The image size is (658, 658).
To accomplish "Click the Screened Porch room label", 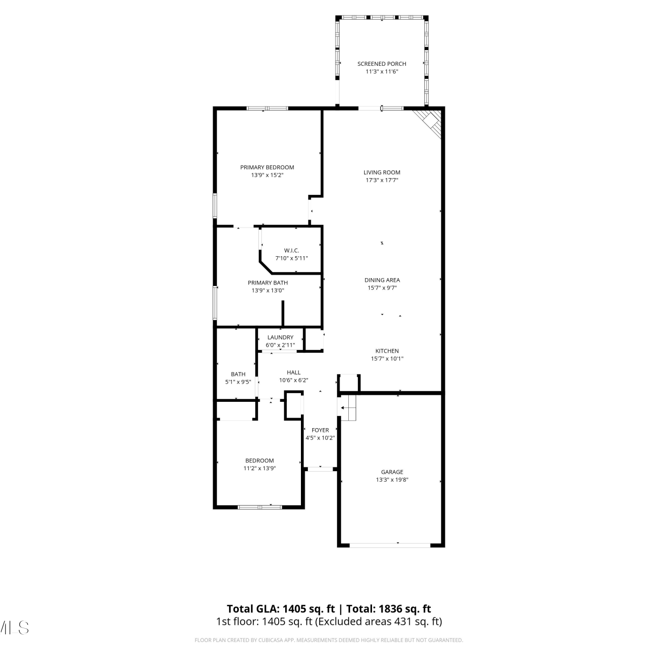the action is tap(382, 64).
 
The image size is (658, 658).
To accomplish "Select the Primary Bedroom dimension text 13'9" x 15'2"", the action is tap(267, 175).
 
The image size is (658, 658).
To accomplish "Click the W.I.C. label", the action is tap(292, 250).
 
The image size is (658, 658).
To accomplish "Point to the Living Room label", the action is tap(382, 172).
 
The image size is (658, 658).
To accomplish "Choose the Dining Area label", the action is tap(382, 280).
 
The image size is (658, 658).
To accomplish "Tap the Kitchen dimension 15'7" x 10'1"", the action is tap(387, 358).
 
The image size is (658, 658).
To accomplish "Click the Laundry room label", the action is tap(280, 337).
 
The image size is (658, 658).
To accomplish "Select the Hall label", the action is tap(293, 372).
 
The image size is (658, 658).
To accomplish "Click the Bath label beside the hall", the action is tap(238, 374).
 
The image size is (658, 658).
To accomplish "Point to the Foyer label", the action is tap(320, 430).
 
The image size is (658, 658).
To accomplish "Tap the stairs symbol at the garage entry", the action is tap(348, 408).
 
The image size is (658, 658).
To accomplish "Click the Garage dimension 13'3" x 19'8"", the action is tap(392, 479).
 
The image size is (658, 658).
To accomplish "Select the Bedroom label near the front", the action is tap(259, 461).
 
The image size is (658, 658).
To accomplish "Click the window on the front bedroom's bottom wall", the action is tap(260, 507).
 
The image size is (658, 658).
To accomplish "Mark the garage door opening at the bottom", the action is tap(390, 545).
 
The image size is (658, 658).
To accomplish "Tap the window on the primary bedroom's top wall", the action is tap(267, 108).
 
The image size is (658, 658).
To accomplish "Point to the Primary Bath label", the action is tap(268, 283).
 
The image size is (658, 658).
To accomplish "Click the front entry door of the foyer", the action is tap(320, 469).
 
